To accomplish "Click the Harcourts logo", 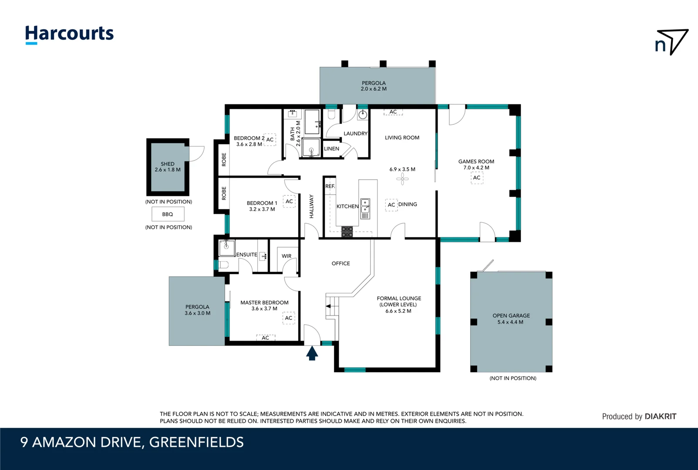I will [69, 34].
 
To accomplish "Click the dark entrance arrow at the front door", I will [312, 353].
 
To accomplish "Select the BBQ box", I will [168, 214].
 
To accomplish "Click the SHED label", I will [168, 164].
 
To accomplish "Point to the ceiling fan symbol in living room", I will [402, 179].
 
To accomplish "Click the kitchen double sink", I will [365, 209].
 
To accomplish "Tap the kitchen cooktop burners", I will [347, 232].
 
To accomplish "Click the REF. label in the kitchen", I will [330, 186].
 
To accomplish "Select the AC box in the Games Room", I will [477, 178].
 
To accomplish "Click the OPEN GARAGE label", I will [511, 316].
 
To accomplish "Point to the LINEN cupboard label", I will [331, 149].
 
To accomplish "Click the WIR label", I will [287, 256].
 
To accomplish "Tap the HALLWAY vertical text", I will [311, 206].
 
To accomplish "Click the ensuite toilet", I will [223, 265].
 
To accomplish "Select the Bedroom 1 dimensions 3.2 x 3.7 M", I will [262, 209].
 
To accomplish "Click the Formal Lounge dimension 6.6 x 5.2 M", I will [398, 311].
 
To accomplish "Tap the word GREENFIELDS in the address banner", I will [196, 442].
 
